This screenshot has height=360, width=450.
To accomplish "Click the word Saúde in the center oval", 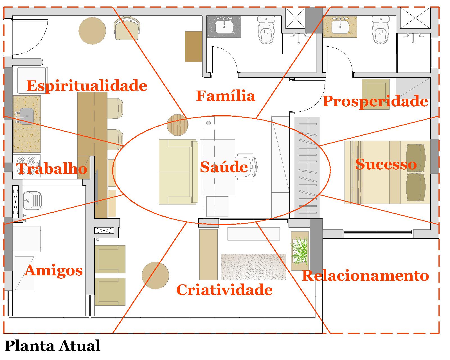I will (x=224, y=167).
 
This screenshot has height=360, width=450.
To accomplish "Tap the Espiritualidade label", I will (x=87, y=85).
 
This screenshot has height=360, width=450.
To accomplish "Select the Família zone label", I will (x=225, y=96).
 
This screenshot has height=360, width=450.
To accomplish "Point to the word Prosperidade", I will (x=375, y=101).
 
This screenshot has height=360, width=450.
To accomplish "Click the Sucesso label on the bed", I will (x=386, y=164).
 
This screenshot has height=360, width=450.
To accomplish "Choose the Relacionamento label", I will (x=365, y=276).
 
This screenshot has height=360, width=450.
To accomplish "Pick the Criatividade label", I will (x=224, y=290).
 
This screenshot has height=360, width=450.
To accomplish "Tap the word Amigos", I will (x=54, y=271).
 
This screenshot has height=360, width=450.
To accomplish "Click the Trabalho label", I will (x=51, y=169).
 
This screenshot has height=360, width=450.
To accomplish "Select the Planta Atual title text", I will (x=53, y=346).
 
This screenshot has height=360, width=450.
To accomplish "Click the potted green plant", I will (x=300, y=250).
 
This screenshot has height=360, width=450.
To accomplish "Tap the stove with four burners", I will (x=26, y=165).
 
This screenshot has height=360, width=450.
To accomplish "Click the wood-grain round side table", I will (x=177, y=125).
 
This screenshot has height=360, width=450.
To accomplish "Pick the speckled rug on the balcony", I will (x=253, y=267).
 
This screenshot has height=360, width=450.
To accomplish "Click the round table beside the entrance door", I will (x=92, y=31).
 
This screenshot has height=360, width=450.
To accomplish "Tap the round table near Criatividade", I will (x=155, y=275).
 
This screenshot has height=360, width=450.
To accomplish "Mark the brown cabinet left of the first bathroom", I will (x=193, y=46).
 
